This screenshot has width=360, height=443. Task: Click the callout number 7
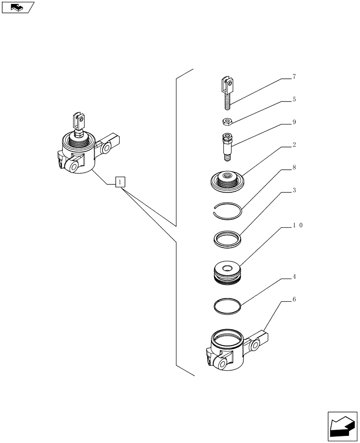pos(293,77)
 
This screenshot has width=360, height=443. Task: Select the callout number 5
pos(293,100)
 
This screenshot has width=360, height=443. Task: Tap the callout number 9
pos(293,122)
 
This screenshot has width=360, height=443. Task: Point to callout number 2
pos(293,145)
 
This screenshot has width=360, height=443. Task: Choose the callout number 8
pos(293,168)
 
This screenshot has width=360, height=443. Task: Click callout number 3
pos(293,190)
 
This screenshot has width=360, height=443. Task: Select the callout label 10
pos(297,225)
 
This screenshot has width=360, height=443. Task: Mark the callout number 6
pos(293,299)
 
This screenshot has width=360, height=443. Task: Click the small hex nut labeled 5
pos(226,120)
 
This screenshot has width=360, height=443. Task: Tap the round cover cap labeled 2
pos(228,182)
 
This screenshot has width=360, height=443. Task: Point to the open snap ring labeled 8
pos(226,209)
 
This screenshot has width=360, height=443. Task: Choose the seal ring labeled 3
pos(227,239)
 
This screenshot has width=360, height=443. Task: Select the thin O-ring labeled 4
pos(227,306)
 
